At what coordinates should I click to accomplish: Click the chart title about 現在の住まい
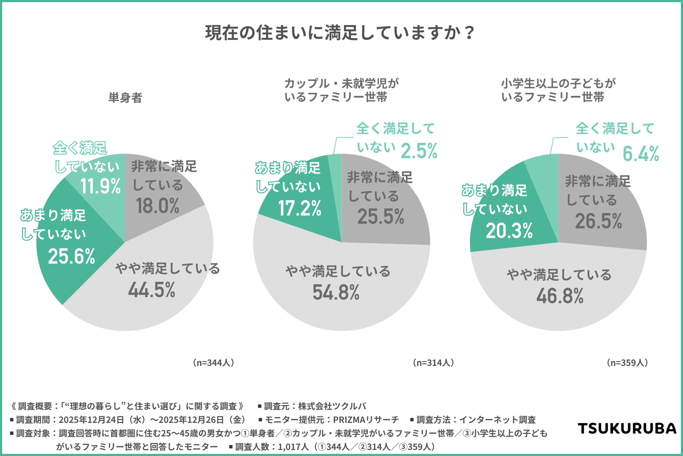point(340,33)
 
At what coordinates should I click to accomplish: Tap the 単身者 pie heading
point(125,98)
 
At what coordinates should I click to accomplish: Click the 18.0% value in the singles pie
point(158,206)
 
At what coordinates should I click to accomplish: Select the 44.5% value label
point(152,290)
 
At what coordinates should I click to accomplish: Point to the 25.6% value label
point(72,256)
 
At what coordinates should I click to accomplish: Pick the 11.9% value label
point(100,186)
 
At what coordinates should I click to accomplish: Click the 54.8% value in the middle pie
point(336,292)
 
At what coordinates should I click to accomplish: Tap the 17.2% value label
point(300,208)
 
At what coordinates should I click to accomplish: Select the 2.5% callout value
point(419,151)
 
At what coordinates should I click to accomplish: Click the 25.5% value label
point(381,217)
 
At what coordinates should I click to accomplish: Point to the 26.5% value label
point(598,221)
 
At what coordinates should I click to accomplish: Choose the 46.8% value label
point(560,296)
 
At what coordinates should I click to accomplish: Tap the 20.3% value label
point(509,231)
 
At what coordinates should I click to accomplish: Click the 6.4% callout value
point(641,154)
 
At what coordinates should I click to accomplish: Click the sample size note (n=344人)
point(213,363)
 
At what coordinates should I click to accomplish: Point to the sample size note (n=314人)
point(433,363)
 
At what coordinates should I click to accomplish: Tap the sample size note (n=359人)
point(627,363)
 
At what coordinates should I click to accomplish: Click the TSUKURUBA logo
point(627,428)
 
